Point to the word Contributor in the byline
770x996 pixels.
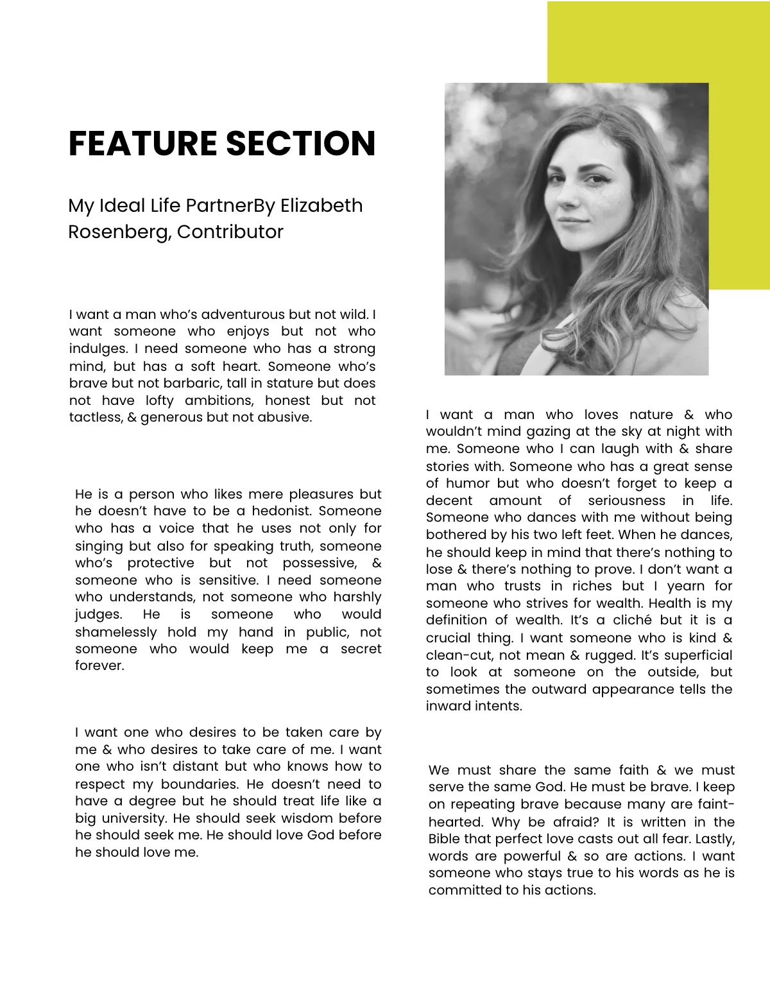[x=230, y=232]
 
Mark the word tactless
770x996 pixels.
[x=92, y=417]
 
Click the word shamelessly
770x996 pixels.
[x=116, y=632]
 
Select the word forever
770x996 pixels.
[x=99, y=665]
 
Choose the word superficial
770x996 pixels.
[x=697, y=655]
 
